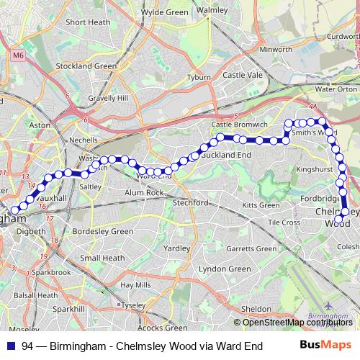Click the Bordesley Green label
103,232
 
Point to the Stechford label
190,202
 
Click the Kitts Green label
261,205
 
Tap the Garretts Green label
251,249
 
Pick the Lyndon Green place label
224,269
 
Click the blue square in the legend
10,346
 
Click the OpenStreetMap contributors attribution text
297,322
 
